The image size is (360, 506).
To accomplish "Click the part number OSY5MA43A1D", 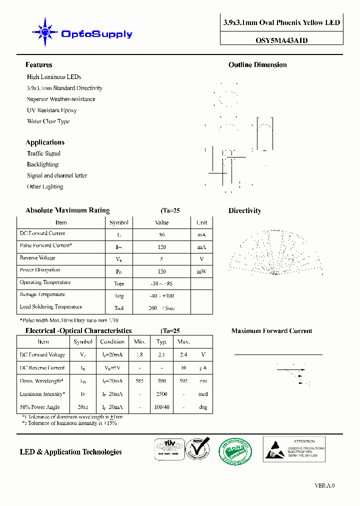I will click(281, 40).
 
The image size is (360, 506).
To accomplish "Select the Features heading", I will click(39, 65).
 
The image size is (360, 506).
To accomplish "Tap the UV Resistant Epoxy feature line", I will click(52, 110).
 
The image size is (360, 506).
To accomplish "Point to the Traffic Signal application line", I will click(43, 153).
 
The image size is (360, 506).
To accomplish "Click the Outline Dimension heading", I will click(257, 65).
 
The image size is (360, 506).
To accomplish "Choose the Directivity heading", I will click(245, 211).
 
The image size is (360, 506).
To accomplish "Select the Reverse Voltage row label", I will click(37, 258).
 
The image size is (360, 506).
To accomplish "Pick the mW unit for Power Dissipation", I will click(201, 271).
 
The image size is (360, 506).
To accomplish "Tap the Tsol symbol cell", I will click(118, 308).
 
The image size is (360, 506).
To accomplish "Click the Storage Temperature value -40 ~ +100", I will click(162, 296).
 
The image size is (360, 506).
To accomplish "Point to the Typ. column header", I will click(161, 342).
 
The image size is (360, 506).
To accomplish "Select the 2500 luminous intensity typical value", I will click(161, 394).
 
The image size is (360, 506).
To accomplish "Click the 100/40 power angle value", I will click(161, 407).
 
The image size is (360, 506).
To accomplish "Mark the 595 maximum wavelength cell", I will click(184, 381).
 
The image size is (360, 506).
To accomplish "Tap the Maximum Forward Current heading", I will click(271, 331).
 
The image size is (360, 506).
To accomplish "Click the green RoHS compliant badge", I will click(236, 451).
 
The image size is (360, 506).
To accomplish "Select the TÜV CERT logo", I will click(167, 448).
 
